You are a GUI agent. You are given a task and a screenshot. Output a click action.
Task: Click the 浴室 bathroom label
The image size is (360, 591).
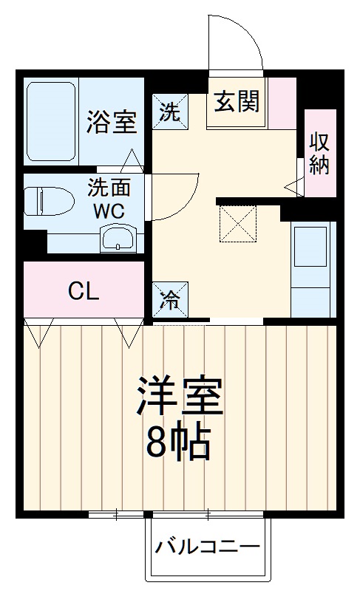pyautogui.click(x=112, y=122)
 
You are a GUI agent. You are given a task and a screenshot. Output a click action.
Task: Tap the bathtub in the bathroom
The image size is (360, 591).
pyautogui.click(x=51, y=122)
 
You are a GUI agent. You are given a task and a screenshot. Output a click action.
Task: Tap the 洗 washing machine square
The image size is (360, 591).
pyautogui.click(x=169, y=112)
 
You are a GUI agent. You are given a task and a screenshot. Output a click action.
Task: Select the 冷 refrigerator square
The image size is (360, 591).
pyautogui.click(x=169, y=299)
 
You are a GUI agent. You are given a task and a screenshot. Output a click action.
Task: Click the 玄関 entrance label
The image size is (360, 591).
pyautogui.click(x=237, y=103)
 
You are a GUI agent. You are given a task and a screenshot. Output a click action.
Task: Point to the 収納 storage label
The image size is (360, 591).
pyautogui.click(x=319, y=153)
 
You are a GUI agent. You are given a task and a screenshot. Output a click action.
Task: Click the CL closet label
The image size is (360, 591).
pyautogui.click(x=84, y=291)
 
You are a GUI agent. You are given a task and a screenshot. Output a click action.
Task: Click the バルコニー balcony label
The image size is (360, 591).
pyautogui.click(x=208, y=548)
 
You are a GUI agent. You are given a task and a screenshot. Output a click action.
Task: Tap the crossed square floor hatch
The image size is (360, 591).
pyautogui.click(x=238, y=224)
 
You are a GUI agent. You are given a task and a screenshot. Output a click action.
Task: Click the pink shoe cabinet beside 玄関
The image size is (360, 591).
pyautogui.click(x=282, y=102)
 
